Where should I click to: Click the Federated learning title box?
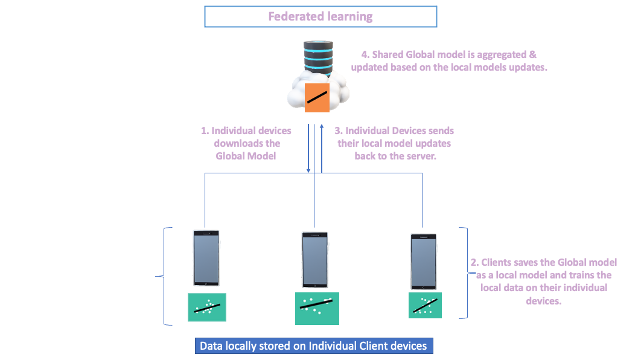click(x=320, y=16)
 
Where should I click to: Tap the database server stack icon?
click(x=318, y=58)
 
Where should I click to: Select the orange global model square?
click(x=317, y=98)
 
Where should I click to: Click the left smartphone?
click(x=206, y=258)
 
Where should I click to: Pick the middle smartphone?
click(x=315, y=260)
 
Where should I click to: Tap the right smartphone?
click(x=424, y=262)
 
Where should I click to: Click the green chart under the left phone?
click(x=207, y=307)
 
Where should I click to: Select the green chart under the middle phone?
click(x=317, y=309)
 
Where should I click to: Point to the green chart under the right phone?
click(x=425, y=305)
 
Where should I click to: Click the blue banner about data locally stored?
click(x=314, y=346)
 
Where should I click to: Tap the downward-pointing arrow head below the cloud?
click(x=308, y=170)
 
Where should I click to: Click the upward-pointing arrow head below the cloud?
click(x=322, y=127)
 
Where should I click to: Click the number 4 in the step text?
click(x=365, y=55)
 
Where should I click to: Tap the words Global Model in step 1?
click(x=246, y=156)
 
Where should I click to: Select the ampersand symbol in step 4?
click(x=533, y=54)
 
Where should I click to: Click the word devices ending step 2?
click(x=543, y=301)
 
